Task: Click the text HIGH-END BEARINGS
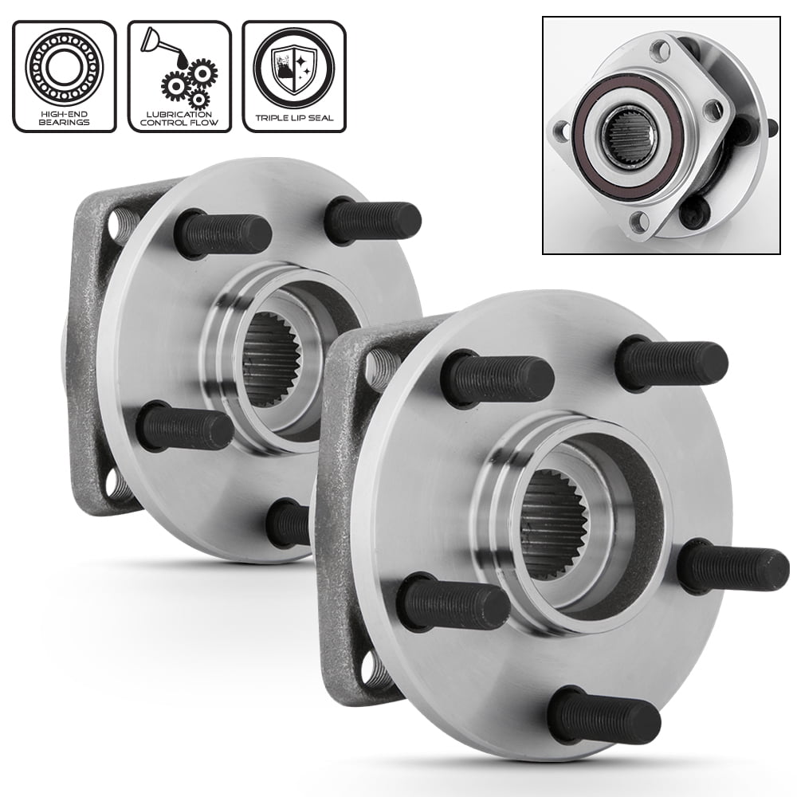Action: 64,119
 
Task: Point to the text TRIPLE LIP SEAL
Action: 294,119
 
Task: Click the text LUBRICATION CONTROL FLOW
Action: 179,119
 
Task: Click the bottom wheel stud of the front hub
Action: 607,713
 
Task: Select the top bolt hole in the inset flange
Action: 660,53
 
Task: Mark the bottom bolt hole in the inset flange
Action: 637,222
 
